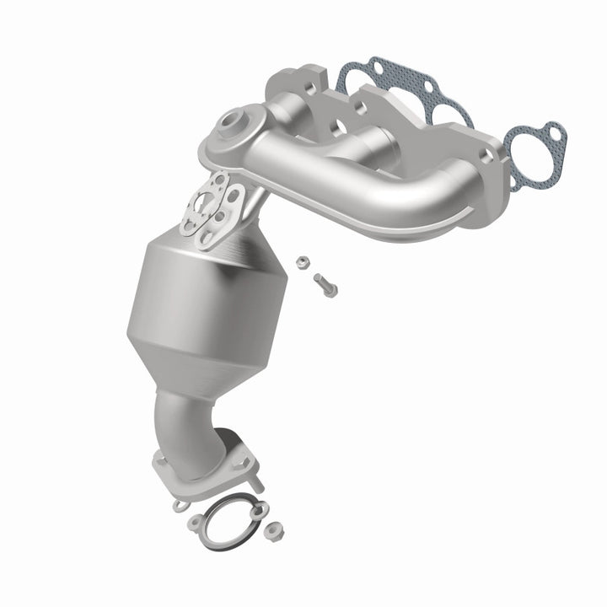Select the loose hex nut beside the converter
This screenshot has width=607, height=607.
point(301,261)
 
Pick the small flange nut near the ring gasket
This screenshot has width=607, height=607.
point(273,532)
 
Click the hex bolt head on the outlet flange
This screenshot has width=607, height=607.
point(179,504)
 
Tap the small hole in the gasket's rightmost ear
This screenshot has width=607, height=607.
point(552,134)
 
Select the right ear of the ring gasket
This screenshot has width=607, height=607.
point(258,509)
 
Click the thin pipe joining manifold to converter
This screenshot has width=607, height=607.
point(253,202)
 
